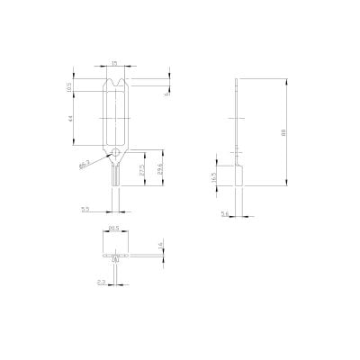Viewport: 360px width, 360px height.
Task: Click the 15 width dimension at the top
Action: (x=114, y=63)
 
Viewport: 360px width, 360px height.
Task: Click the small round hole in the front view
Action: (x=115, y=154)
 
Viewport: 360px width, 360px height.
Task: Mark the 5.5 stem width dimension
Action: (x=85, y=208)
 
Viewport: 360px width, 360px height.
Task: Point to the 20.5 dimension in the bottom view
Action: (x=114, y=230)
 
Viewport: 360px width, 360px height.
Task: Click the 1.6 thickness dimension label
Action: (x=159, y=245)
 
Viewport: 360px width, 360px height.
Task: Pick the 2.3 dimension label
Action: (x=101, y=282)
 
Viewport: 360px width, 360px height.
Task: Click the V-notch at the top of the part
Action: (x=115, y=86)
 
